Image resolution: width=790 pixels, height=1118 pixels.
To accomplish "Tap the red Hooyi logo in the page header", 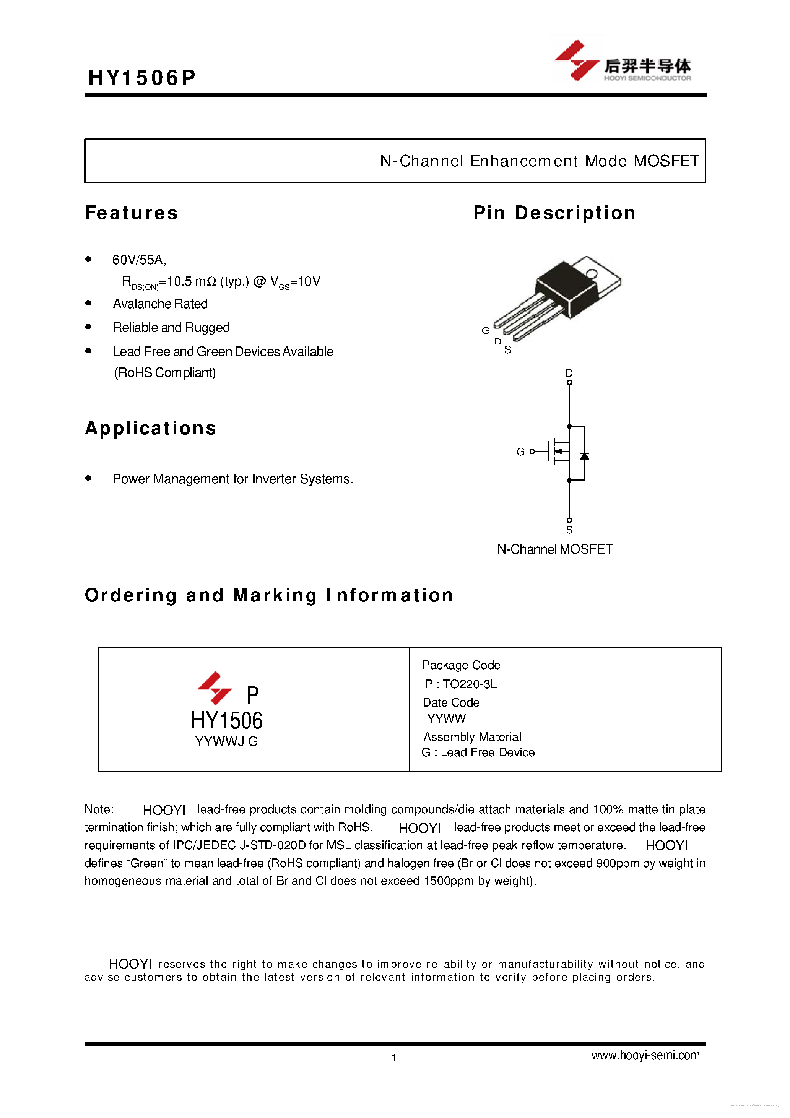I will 577,60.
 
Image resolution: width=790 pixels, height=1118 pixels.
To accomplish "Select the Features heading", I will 132,213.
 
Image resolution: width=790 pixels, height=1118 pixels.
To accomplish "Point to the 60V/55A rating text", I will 139,260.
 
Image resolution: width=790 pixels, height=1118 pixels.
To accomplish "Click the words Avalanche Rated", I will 160,304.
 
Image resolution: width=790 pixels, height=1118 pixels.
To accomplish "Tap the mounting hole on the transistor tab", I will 591,274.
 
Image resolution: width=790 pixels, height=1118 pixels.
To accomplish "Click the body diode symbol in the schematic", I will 584,456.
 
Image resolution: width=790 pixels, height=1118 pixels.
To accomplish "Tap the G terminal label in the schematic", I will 520,452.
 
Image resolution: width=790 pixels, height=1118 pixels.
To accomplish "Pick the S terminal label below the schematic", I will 569,530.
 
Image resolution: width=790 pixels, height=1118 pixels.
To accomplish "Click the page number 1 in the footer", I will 394,1058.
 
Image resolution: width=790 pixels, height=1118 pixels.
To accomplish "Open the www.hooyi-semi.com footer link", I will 645,1056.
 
